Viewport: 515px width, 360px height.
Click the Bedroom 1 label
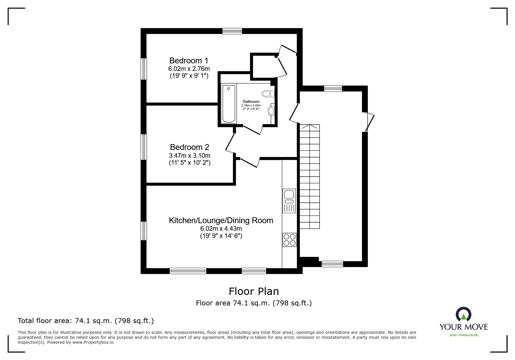point(189,61)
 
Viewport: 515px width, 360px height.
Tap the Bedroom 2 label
point(189,147)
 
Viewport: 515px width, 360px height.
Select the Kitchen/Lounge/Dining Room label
point(221,221)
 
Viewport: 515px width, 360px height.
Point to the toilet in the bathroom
point(268,94)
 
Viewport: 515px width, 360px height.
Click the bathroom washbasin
point(271,111)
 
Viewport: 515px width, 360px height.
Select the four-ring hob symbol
point(289,240)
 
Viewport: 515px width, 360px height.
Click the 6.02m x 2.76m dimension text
point(189,69)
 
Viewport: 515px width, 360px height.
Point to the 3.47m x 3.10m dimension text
point(189,155)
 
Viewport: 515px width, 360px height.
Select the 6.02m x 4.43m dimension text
point(221,229)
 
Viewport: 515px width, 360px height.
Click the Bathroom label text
point(251,102)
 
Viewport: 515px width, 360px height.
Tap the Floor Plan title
point(254,291)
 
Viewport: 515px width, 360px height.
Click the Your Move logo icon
point(463,314)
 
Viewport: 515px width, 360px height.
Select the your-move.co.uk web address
point(464,335)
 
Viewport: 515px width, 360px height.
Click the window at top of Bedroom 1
point(232,31)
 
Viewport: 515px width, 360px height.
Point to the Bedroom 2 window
point(144,147)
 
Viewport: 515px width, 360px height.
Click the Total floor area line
point(86,321)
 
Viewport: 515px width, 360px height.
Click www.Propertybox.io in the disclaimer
point(93,342)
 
